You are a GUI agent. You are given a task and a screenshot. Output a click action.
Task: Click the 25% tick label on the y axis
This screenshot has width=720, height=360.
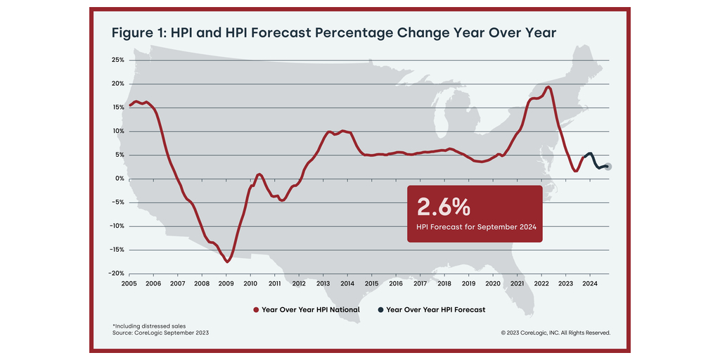pyautogui.click(x=118, y=60)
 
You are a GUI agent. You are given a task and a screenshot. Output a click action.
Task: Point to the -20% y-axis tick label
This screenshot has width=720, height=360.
pyautogui.click(x=117, y=274)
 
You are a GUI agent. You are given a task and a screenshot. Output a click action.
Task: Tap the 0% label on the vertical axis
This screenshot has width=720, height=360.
pyautogui.click(x=120, y=179)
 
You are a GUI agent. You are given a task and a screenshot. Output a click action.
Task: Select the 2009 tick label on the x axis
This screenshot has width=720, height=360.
pyautogui.click(x=226, y=283)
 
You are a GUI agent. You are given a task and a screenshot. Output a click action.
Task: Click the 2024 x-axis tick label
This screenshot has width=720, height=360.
pyautogui.click(x=589, y=283)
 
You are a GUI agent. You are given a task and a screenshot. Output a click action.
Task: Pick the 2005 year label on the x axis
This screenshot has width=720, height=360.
pyautogui.click(x=129, y=283)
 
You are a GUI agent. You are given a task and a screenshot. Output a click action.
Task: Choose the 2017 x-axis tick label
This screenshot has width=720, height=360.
pyautogui.click(x=420, y=283)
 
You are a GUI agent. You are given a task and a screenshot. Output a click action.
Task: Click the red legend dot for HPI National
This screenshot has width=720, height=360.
pyautogui.click(x=255, y=309)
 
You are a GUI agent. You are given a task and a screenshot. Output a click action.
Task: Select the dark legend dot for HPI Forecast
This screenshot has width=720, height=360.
pyautogui.click(x=380, y=309)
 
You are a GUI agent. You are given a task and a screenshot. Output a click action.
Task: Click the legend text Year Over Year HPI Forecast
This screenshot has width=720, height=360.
pyautogui.click(x=435, y=309)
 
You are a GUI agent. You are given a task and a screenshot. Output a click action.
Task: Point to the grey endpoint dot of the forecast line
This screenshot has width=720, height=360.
pyautogui.click(x=608, y=167)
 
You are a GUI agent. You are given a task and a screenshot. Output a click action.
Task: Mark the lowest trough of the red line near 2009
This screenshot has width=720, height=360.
pyautogui.click(x=227, y=262)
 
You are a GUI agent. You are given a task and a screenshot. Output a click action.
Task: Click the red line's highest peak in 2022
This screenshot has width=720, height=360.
pyautogui.click(x=548, y=87)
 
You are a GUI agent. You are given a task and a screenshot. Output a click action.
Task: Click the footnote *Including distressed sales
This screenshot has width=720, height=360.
pyautogui.click(x=146, y=326)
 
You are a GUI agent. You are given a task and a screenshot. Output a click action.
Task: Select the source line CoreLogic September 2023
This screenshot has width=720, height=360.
pyautogui.click(x=160, y=333)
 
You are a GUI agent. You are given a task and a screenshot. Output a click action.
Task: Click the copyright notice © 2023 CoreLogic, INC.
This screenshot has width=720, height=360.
pyautogui.click(x=555, y=333)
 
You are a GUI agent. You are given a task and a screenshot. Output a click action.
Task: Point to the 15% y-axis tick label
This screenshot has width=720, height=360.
pyautogui.click(x=118, y=108)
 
